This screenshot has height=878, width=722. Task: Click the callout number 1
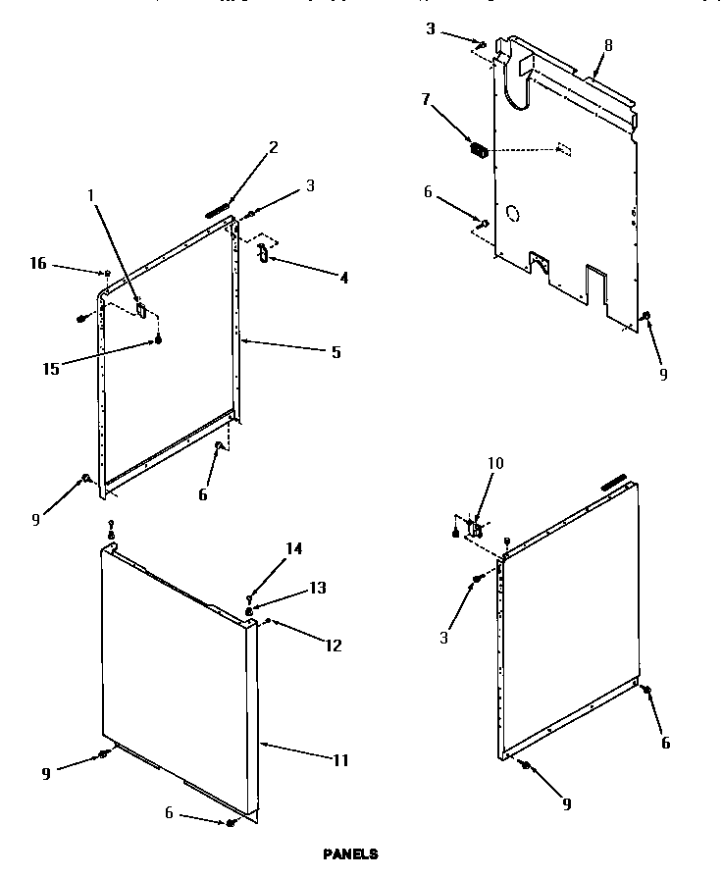pyautogui.click(x=91, y=195)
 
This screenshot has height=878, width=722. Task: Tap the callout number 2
pyautogui.click(x=274, y=147)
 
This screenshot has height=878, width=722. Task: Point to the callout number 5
pyautogui.click(x=335, y=351)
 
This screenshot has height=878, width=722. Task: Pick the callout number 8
pyautogui.click(x=608, y=44)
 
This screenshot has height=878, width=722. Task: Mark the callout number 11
pyautogui.click(x=339, y=759)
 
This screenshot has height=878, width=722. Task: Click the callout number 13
pyautogui.click(x=317, y=588)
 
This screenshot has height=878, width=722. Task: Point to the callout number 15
pyautogui.click(x=51, y=368)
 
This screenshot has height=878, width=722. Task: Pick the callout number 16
pyautogui.click(x=36, y=264)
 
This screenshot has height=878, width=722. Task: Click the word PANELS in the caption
pyautogui.click(x=350, y=854)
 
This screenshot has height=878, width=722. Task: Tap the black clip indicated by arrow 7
pyautogui.click(x=480, y=150)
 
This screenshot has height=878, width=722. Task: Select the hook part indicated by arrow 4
pyautogui.click(x=262, y=253)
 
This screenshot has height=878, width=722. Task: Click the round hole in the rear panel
pyautogui.click(x=512, y=212)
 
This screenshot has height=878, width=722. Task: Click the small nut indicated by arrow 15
pyautogui.click(x=157, y=340)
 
